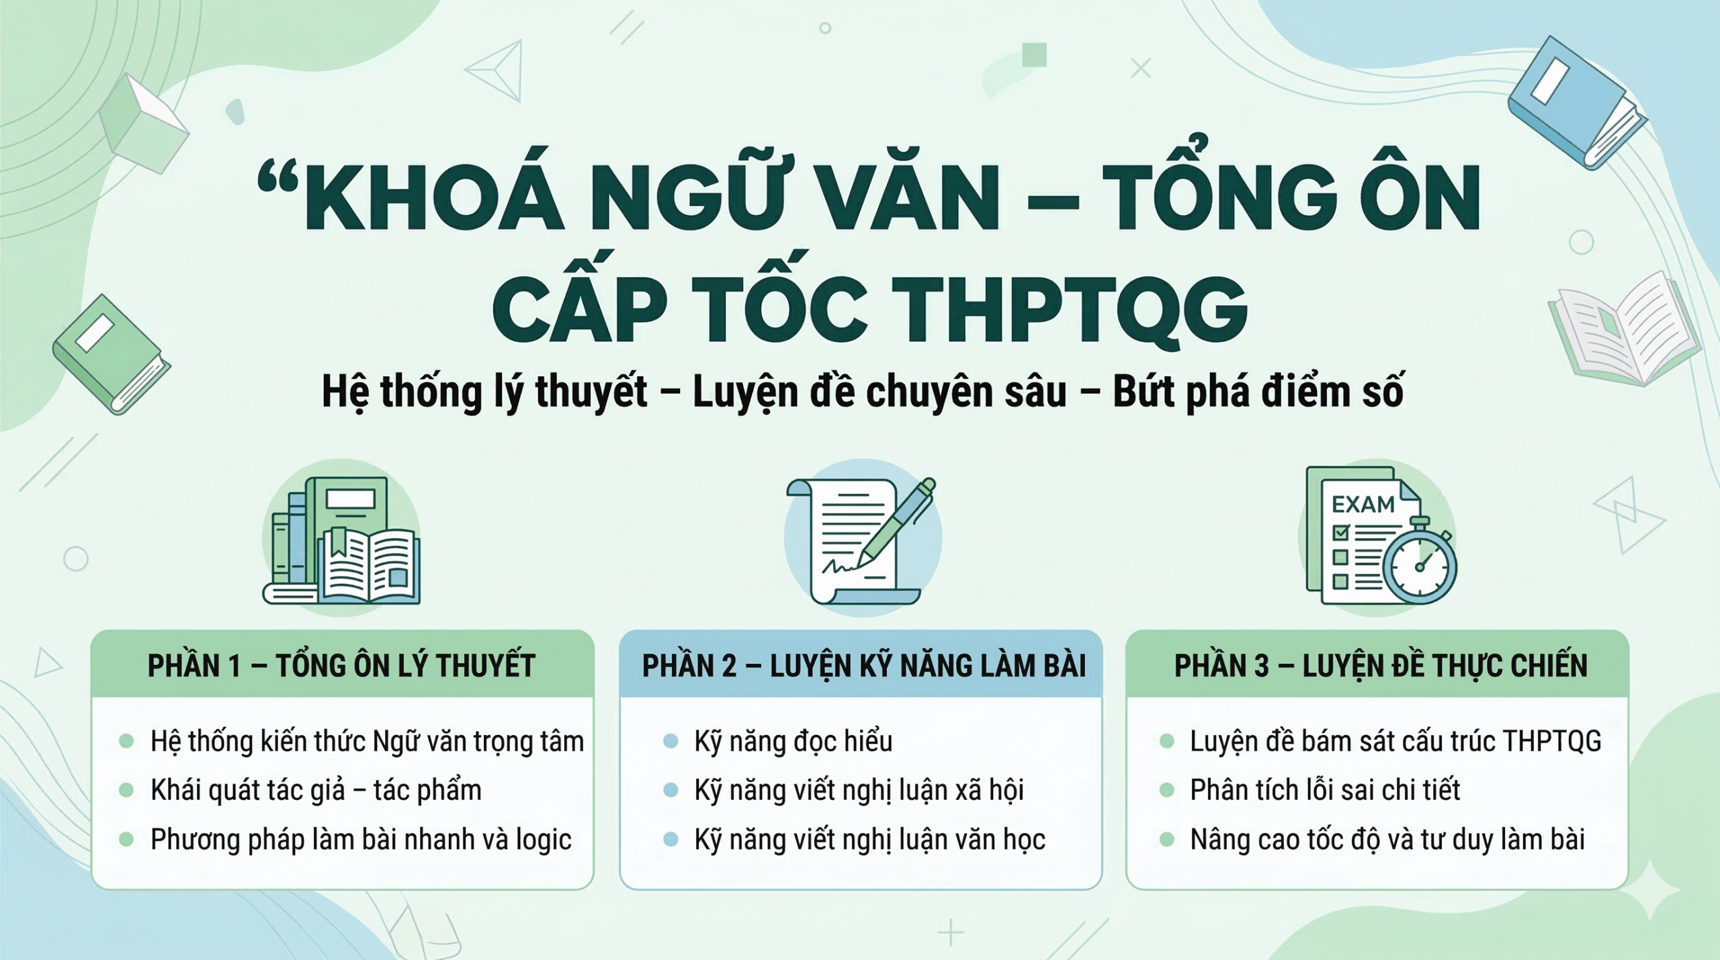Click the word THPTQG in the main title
point(1070,311)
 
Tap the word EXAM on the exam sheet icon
point(1363,504)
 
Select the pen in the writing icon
point(897,521)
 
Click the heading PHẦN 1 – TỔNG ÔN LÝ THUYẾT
point(341,666)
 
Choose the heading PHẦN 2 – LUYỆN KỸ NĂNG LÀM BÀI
point(863,666)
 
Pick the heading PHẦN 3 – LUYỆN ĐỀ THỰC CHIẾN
point(1381,666)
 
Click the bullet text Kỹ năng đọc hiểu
point(793,742)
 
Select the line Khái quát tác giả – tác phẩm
point(316,790)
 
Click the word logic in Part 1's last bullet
point(543,840)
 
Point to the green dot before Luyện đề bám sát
point(1167,742)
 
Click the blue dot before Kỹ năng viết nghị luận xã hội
point(671,790)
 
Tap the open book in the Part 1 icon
point(370,566)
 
